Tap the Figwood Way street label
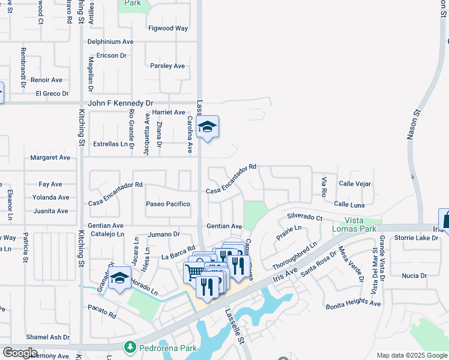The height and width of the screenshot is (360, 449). [x=169, y=28]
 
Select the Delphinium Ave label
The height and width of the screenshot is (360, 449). [x=110, y=42]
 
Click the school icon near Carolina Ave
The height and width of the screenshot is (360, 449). [x=208, y=127]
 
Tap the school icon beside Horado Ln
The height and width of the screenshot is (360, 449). [x=119, y=278]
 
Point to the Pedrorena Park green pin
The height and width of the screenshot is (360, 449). [x=129, y=347]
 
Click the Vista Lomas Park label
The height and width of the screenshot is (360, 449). [x=355, y=225]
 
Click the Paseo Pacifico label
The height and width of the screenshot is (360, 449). [x=168, y=204]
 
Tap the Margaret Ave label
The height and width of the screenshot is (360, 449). [x=50, y=158]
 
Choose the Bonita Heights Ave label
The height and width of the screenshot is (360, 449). [x=354, y=304]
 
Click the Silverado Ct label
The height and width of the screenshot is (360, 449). [x=304, y=217]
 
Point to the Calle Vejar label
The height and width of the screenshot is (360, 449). [x=355, y=184]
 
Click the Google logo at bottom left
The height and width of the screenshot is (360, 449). [x=20, y=352]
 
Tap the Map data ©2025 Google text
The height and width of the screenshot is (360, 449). [x=411, y=355]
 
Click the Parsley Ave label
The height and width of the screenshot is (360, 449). [x=167, y=66]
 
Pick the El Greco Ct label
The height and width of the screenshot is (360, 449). [x=52, y=94]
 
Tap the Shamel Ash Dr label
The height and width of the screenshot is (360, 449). [x=47, y=337]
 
